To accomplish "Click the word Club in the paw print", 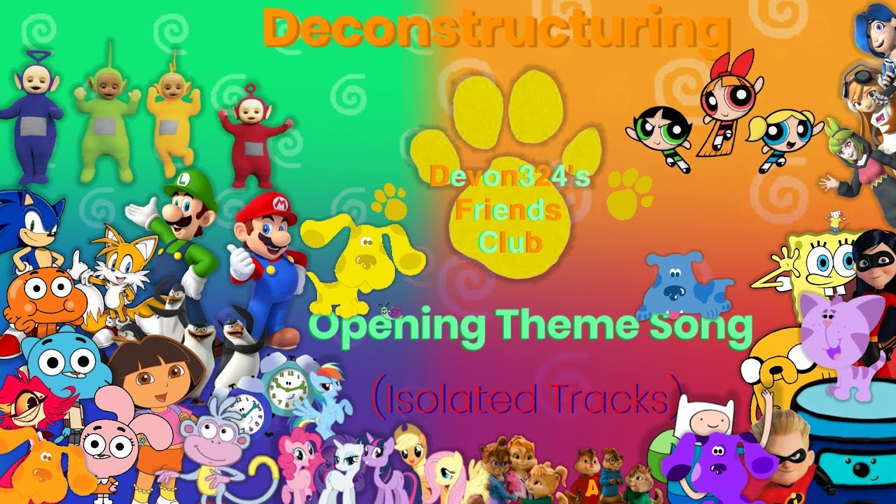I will click(x=510, y=241).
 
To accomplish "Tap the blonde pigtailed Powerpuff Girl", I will click(x=784, y=133).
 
